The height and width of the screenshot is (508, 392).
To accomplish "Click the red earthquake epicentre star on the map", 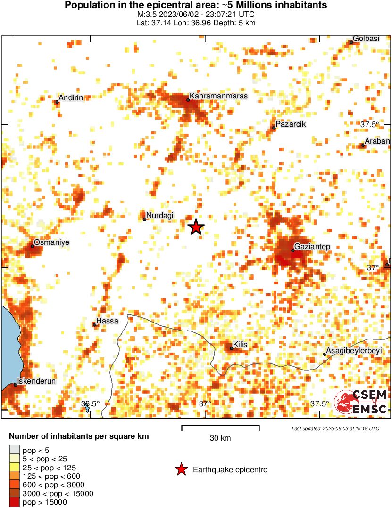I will click(x=196, y=227).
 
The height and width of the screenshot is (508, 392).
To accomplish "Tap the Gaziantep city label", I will click(x=312, y=246).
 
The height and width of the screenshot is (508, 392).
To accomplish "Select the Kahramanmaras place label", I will click(x=218, y=96).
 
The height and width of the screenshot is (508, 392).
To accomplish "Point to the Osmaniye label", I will click(x=52, y=242).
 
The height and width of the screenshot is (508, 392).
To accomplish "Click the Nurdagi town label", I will click(x=160, y=216).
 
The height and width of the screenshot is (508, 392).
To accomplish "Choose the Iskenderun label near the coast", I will click(x=36, y=381).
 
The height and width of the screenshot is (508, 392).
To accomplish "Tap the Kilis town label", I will click(x=240, y=345).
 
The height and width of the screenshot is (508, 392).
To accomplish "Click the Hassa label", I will click(x=107, y=321).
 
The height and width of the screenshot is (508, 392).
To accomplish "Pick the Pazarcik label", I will click(x=291, y=124).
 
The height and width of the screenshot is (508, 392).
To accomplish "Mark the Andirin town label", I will click(x=71, y=97).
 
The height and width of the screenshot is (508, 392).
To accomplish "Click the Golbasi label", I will click(x=367, y=39).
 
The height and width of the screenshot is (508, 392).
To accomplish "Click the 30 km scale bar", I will click(x=220, y=427).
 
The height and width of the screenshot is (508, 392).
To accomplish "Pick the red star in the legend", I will click(x=181, y=469).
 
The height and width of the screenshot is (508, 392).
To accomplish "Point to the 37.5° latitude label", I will click(x=370, y=125).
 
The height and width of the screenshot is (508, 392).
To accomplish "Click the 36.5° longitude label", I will click(x=90, y=403).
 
